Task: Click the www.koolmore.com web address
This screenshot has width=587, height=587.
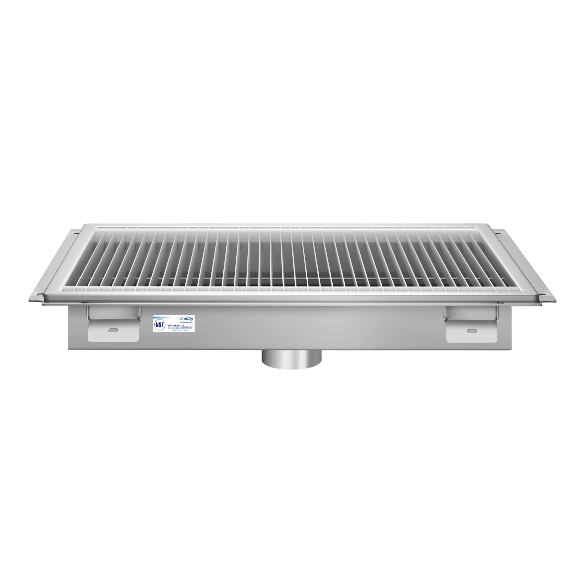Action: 181,330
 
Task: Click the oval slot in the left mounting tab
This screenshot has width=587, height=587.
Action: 114,330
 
